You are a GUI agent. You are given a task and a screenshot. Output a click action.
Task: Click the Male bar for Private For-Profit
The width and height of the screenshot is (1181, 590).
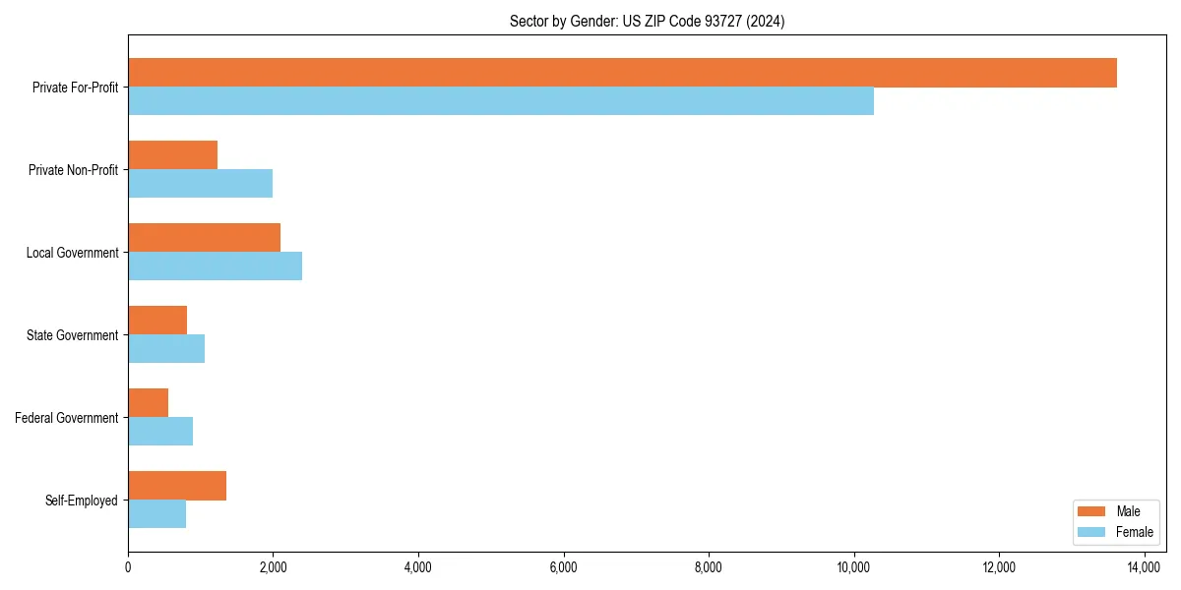point(622,73)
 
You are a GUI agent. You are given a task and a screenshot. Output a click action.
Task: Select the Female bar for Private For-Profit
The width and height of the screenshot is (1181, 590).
point(501,101)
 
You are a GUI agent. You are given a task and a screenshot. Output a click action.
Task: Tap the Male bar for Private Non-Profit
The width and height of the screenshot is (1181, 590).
point(172,155)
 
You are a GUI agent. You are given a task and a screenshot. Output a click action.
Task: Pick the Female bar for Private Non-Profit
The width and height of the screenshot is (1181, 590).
point(200,184)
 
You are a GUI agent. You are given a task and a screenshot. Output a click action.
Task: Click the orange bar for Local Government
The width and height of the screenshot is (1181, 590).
point(204,238)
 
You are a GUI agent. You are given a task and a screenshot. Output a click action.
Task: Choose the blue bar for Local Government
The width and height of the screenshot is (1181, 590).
point(215,266)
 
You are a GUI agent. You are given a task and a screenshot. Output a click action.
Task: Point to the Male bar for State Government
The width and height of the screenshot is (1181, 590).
point(157,321)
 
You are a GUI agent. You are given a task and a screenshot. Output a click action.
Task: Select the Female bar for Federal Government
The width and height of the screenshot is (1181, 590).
point(160,432)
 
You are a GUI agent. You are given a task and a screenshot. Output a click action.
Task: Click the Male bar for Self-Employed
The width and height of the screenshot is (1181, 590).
point(177,486)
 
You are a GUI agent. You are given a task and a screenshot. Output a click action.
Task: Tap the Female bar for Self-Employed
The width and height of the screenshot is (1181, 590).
point(156,514)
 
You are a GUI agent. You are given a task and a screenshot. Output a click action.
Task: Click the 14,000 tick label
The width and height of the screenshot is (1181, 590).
point(1144,567)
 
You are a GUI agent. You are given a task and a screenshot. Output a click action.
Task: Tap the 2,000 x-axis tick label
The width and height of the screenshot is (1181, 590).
point(273,567)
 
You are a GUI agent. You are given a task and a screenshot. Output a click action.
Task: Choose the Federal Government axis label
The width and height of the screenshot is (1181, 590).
point(67,418)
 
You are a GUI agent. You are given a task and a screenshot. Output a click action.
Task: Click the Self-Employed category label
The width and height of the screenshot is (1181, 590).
point(82,501)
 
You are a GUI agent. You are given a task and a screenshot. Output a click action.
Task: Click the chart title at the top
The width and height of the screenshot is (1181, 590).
point(647,21)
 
